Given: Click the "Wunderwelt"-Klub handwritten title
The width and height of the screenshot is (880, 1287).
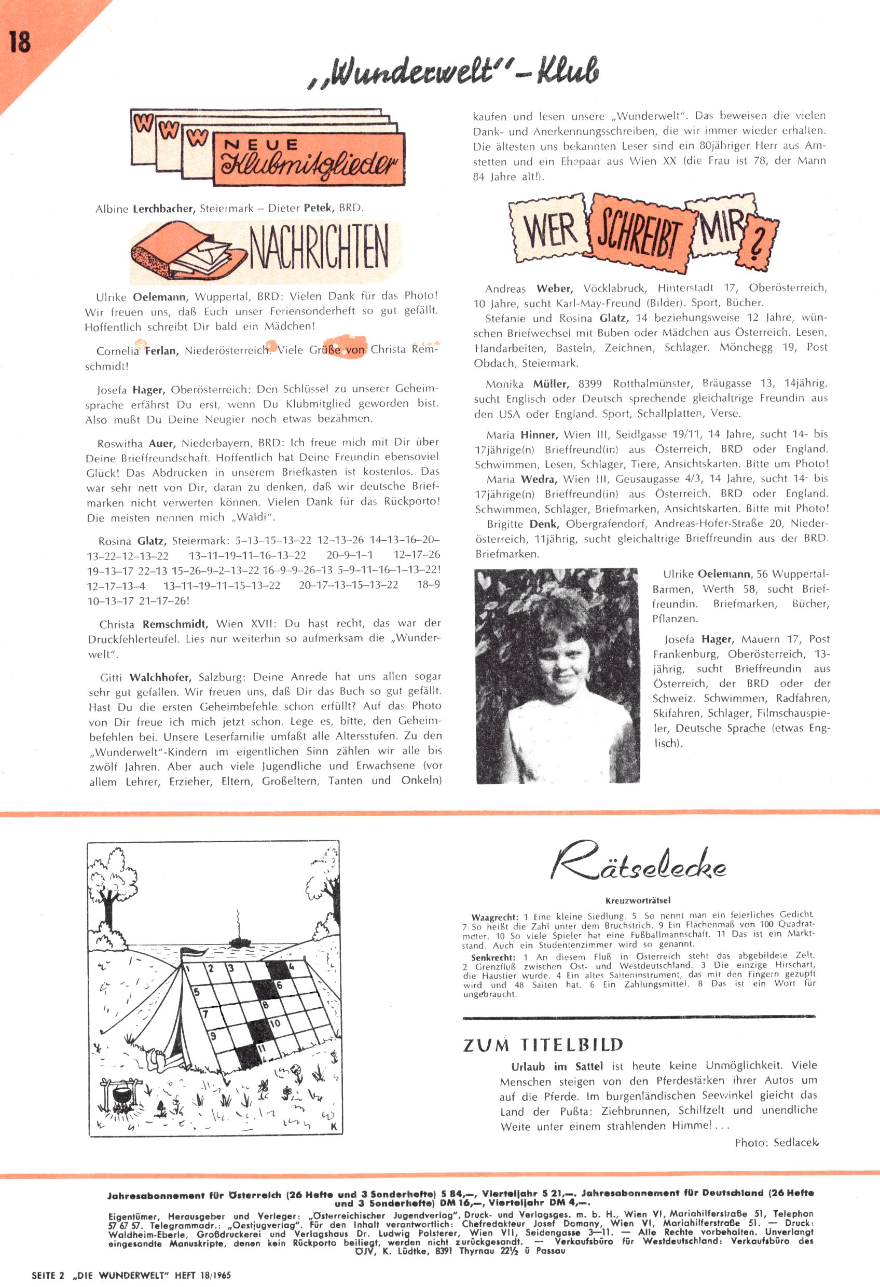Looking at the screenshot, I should click(453, 72).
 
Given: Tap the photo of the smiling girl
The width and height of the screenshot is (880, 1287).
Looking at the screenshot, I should click(557, 675).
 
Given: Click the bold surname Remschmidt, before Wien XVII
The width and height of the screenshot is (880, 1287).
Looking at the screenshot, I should click(175, 624).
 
